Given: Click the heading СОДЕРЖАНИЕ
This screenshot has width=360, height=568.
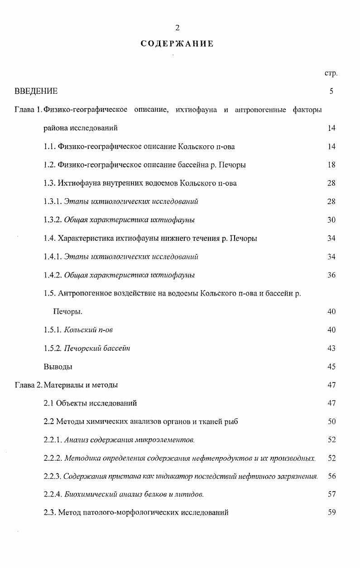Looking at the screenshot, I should [177, 44].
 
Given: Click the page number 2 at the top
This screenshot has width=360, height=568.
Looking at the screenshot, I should [178, 28].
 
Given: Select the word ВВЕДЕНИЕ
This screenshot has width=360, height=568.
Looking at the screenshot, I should [36, 91].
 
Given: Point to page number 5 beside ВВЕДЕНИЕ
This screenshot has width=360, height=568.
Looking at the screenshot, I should [331, 91].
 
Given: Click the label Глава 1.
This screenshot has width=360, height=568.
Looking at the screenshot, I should [28, 110].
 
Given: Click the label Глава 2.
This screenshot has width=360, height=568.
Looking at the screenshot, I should [28, 385].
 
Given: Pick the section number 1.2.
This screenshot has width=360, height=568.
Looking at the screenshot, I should [49, 165].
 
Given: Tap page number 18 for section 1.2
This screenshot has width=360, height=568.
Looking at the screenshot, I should [331, 165].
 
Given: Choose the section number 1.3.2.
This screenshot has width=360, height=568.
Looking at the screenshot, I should [53, 220].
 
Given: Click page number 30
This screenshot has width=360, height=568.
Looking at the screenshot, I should [331, 220].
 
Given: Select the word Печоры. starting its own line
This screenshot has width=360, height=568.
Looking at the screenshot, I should [67, 312].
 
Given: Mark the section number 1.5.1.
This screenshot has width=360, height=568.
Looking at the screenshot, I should [53, 330].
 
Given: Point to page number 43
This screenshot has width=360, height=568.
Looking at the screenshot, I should [331, 348].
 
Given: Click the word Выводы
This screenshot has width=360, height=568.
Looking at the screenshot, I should [58, 367].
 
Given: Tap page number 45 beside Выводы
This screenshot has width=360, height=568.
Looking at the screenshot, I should [331, 367].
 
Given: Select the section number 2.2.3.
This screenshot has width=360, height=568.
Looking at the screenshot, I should [53, 477].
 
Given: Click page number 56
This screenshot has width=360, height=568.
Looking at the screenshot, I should [331, 477].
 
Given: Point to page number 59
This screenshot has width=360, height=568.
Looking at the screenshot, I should [331, 513].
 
